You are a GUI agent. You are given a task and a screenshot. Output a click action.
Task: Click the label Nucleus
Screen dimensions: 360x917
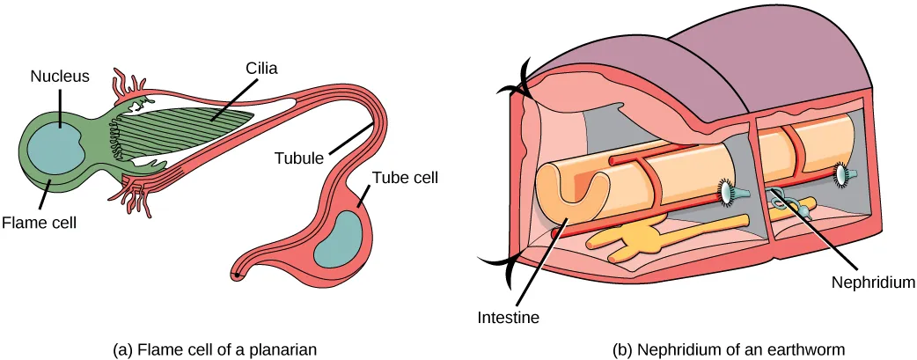(60, 77)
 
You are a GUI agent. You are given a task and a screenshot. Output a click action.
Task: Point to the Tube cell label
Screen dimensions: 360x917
(405, 176)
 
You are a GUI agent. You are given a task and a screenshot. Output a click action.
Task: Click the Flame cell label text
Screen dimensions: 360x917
(38, 223)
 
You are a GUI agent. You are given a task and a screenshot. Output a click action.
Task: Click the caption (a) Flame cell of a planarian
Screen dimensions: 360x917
(215, 349)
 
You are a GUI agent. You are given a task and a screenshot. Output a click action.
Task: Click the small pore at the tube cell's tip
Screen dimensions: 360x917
(236, 275)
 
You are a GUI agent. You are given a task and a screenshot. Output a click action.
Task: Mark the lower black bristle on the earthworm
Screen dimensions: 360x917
(497, 261)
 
